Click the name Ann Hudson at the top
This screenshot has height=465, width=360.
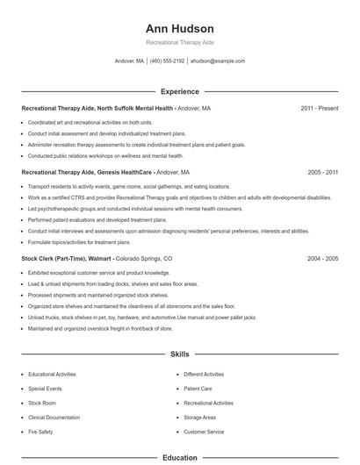(x=180, y=27)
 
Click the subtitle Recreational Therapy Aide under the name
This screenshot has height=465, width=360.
(x=180, y=42)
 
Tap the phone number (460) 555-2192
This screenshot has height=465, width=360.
(x=167, y=61)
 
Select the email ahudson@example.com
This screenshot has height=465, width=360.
(x=218, y=61)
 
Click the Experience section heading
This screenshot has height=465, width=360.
(x=180, y=91)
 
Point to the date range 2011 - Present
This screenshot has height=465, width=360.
(x=320, y=108)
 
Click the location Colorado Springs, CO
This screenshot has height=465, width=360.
(x=144, y=259)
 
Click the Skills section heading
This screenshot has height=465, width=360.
(x=180, y=354)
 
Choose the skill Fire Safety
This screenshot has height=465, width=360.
(x=40, y=432)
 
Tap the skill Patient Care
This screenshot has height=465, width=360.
(x=198, y=387)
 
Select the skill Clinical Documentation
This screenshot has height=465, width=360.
(x=54, y=417)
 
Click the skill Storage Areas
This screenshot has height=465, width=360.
(x=199, y=417)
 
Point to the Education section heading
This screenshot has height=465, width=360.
(x=180, y=457)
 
